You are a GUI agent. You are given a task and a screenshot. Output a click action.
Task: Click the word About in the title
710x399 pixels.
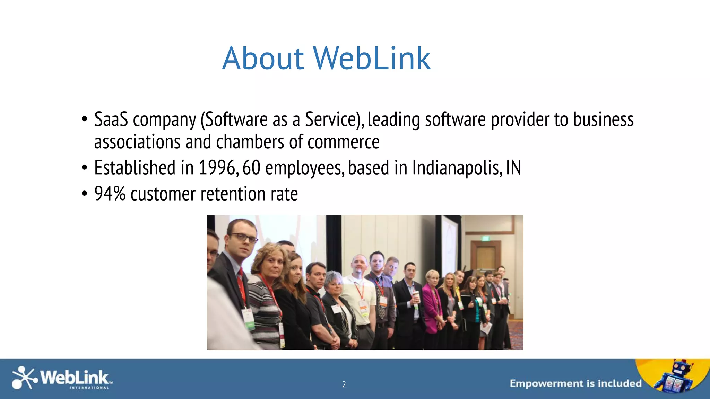(263, 58)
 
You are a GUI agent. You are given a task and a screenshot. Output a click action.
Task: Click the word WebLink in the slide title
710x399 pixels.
(372, 58)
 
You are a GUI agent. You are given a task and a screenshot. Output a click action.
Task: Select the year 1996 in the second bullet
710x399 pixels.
(217, 168)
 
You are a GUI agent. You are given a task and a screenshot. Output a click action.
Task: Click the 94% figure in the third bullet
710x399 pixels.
(110, 194)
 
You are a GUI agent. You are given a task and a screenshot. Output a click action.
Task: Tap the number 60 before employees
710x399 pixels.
(251, 168)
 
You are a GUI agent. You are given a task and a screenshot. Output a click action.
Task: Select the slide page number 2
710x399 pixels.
(344, 384)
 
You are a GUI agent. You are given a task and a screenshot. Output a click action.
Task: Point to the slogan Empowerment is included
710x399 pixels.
(575, 383)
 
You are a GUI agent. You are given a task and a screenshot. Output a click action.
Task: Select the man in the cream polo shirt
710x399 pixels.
(359, 294)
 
